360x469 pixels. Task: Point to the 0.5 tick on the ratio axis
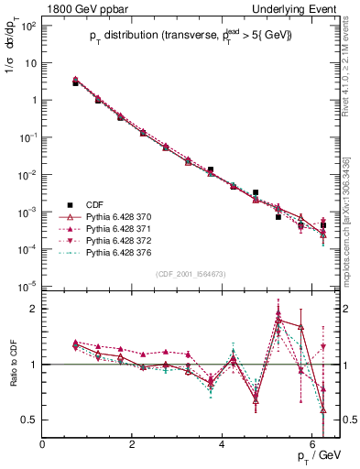(x=28, y=420)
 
